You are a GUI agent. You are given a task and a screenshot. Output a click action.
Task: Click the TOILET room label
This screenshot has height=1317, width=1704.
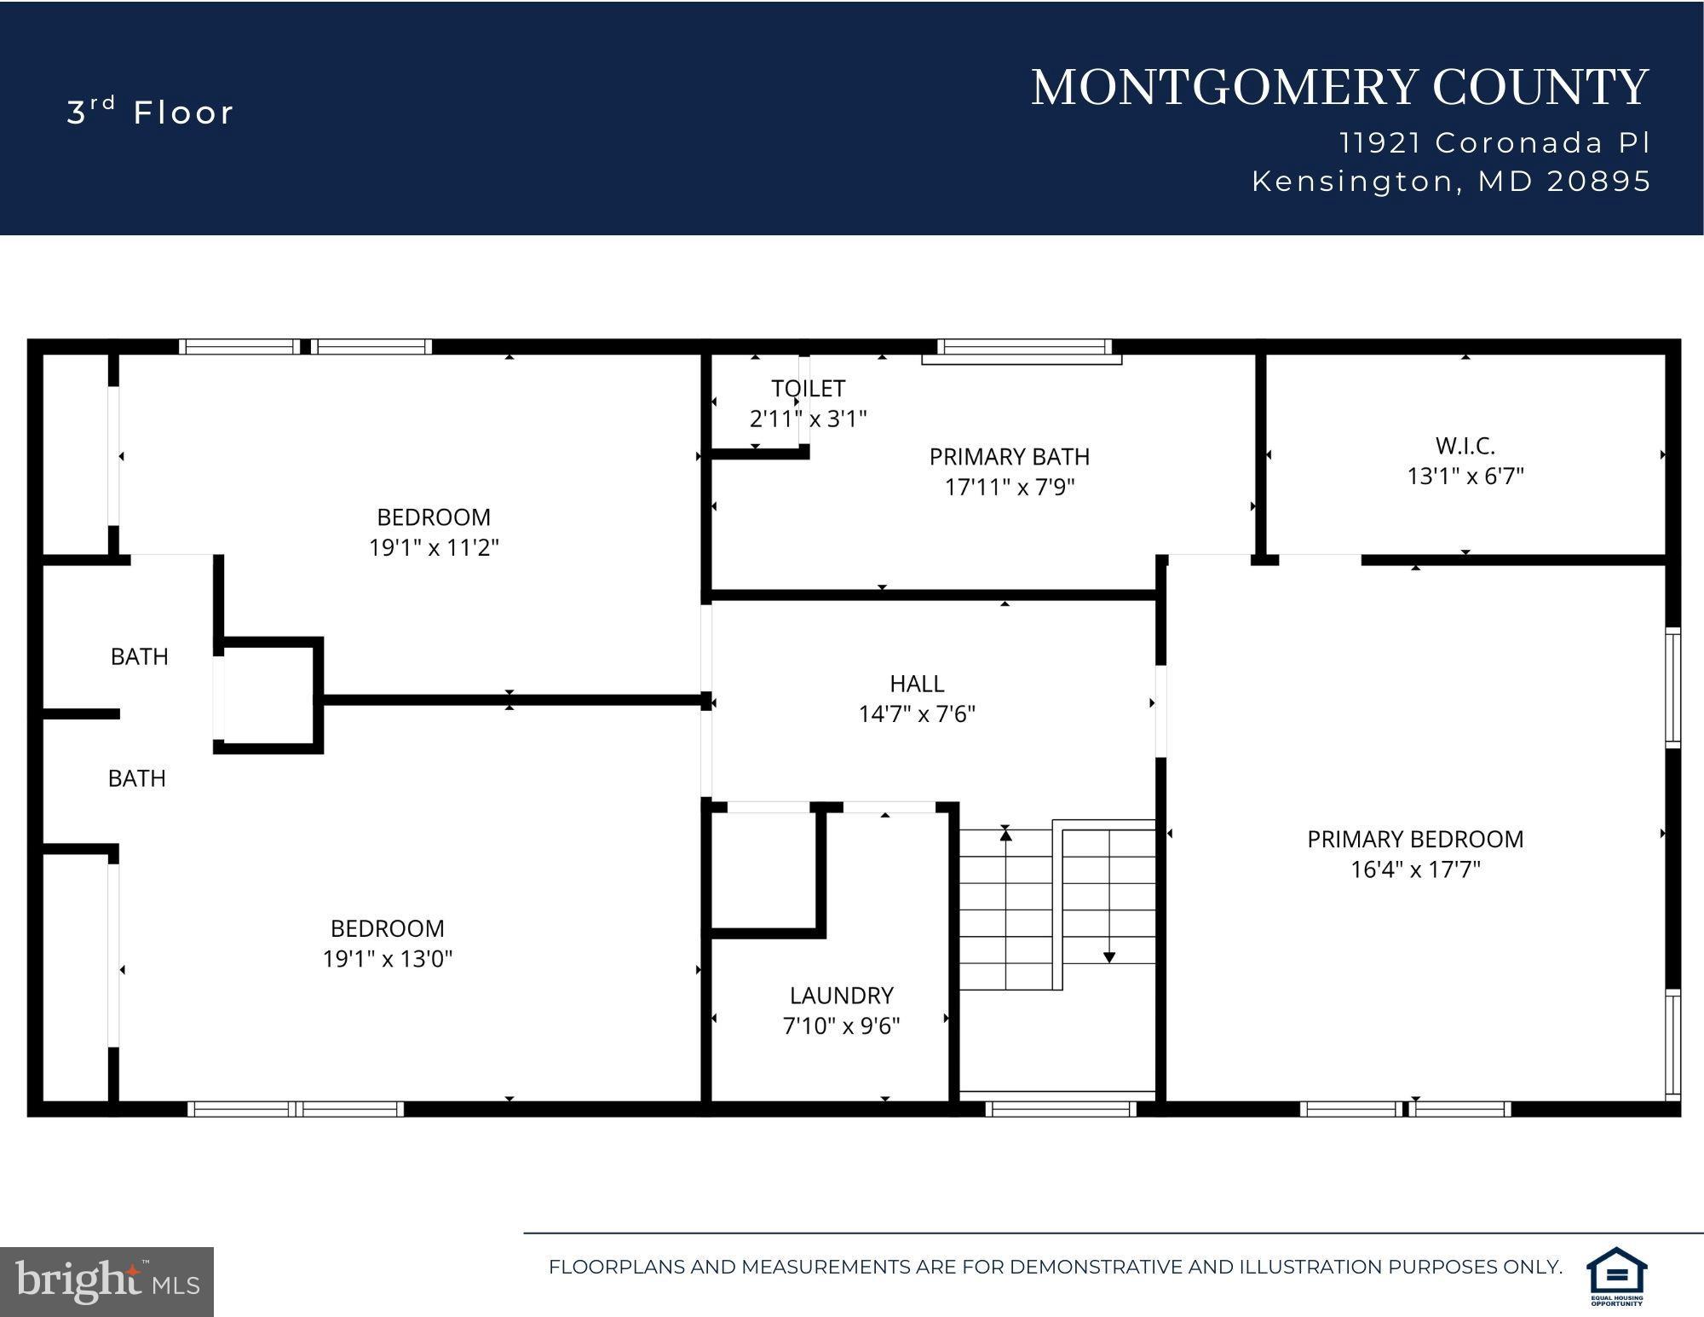[x=808, y=389]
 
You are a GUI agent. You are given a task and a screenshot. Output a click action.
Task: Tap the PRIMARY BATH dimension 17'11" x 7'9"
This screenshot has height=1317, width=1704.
[x=1009, y=488]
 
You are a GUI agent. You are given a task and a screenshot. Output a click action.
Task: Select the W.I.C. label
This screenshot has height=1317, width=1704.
[x=1465, y=446]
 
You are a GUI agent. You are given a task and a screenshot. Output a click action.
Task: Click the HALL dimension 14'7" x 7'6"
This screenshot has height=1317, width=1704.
[x=917, y=714]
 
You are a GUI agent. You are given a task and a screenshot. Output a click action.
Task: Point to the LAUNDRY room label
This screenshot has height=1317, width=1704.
[x=841, y=996]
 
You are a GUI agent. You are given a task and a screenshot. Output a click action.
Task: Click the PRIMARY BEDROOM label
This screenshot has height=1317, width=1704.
[x=1414, y=840]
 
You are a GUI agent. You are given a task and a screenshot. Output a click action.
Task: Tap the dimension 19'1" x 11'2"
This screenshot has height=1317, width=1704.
[x=433, y=548]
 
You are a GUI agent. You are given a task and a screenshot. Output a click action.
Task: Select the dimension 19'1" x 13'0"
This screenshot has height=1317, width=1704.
[x=387, y=959]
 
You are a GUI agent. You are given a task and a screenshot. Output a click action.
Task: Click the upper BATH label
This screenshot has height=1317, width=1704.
[x=139, y=657]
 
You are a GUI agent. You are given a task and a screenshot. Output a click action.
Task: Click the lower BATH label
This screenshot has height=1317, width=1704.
[x=136, y=779]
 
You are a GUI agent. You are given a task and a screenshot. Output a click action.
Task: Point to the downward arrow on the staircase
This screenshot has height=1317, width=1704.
[x=1108, y=956]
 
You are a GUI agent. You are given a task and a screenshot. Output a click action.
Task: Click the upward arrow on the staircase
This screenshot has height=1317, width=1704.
[x=1005, y=835]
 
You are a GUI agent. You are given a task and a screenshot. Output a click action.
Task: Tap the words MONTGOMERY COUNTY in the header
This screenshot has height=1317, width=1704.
[x=1338, y=88]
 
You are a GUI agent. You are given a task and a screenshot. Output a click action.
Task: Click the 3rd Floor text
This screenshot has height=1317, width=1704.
[x=150, y=113]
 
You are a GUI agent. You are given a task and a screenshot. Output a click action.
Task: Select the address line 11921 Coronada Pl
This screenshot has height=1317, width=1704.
[x=1494, y=143]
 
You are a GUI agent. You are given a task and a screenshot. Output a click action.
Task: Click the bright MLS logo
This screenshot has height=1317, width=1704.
[x=106, y=1281]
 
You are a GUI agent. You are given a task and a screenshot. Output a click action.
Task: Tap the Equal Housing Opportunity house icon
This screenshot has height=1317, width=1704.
[x=1616, y=1273]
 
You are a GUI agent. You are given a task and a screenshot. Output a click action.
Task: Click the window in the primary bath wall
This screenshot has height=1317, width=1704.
[x=1023, y=347]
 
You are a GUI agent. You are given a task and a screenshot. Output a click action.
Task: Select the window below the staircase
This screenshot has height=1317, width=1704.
[x=1061, y=1109]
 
